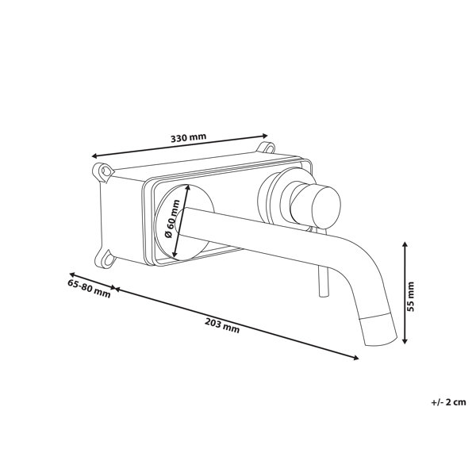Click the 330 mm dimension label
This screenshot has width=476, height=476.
point(188,137)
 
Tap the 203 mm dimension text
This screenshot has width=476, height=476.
point(222,325)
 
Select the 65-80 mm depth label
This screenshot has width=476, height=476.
point(89,289)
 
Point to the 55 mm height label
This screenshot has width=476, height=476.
point(410,296)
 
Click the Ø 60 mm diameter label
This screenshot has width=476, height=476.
point(172,219)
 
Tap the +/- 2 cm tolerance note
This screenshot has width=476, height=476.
point(448,402)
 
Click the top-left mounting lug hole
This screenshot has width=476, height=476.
point(106,171)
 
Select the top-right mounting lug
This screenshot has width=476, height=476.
point(266,148)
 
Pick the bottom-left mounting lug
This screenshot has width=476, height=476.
point(107,259)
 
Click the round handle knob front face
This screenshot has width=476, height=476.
point(327,207)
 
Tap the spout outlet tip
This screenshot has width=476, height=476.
point(381,340)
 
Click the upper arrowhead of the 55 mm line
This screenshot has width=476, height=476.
point(405,244)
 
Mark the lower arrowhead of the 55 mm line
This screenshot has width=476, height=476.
point(405,340)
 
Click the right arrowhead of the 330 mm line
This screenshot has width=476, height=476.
point(265,136)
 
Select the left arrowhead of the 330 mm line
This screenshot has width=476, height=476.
point(94,156)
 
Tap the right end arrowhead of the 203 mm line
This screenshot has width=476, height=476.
point(355,358)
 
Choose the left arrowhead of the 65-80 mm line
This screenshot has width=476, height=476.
point(72,274)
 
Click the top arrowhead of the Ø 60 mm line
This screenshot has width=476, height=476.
point(188,187)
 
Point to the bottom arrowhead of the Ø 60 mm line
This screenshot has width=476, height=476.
point(175,255)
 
